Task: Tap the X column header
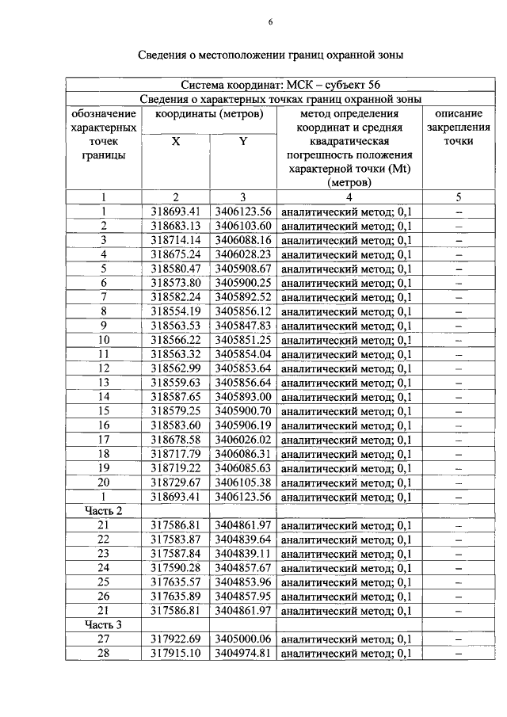pyautogui.click(x=176, y=142)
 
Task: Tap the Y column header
pyautogui.click(x=243, y=142)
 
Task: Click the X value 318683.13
pyautogui.click(x=176, y=225)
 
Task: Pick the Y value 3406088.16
pyautogui.click(x=243, y=239)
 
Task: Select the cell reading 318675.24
pyautogui.click(x=176, y=254)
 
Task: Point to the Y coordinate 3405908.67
pyautogui.click(x=243, y=268)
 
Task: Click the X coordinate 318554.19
pyautogui.click(x=176, y=311)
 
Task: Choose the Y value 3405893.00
pyautogui.click(x=243, y=396)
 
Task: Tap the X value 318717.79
pyautogui.click(x=176, y=453)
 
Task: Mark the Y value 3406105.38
pyautogui.click(x=243, y=482)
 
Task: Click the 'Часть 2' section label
pyautogui.click(x=103, y=510)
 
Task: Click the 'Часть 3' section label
pyautogui.click(x=103, y=624)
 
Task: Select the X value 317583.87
pyautogui.click(x=176, y=539)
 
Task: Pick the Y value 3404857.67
pyautogui.click(x=243, y=567)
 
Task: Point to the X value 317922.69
pyautogui.click(x=176, y=639)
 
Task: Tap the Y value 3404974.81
pyautogui.click(x=243, y=653)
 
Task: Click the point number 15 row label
pyautogui.click(x=103, y=410)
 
